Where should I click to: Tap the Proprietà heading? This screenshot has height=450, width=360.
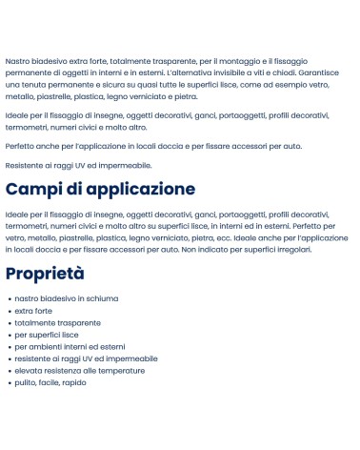45,274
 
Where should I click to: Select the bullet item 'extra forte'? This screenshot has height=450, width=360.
35,311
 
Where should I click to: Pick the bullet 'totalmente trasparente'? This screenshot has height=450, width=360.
57,322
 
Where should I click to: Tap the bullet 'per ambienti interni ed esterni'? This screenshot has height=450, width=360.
70,346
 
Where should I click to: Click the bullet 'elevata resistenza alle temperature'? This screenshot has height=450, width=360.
78,370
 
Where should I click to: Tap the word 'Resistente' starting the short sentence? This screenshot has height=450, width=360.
25,165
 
